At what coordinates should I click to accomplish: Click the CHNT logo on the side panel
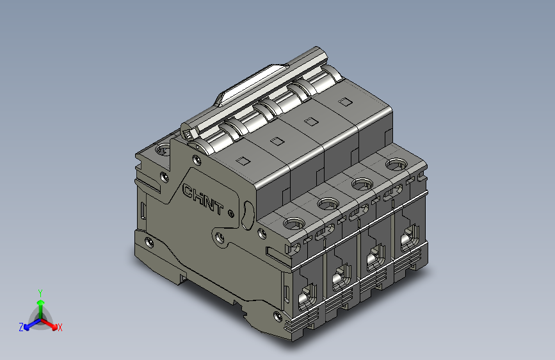(x=204, y=199)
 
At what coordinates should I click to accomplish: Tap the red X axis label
(x=60, y=327)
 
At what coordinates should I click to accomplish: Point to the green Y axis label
(x=40, y=292)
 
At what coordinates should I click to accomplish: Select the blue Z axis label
(x=21, y=327)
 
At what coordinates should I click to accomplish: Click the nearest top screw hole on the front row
(x=294, y=224)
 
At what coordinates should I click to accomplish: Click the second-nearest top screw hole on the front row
(x=328, y=204)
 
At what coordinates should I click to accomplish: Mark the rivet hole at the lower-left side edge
(x=149, y=243)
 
